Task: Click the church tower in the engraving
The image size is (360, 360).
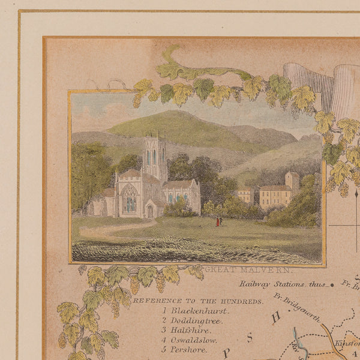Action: coord(154,157)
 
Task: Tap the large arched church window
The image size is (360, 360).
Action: coord(130,199)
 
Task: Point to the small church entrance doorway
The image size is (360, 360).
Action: coord(149,211)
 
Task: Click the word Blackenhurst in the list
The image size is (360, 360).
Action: coord(199,311)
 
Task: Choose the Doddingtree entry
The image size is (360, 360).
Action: coord(196,321)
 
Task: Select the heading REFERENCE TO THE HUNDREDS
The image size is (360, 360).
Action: coord(198,300)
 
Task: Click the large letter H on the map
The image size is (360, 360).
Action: coord(276,316)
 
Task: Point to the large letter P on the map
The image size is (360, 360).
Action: coord(227,353)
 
